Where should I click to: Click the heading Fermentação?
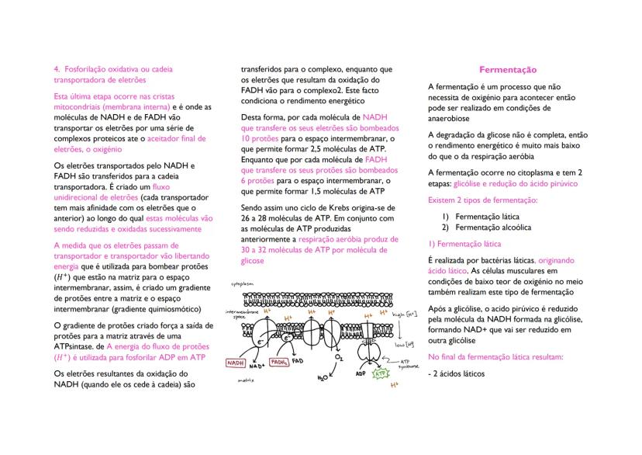pyautogui.click(x=508, y=70)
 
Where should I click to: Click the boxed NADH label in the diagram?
pyautogui.click(x=236, y=363)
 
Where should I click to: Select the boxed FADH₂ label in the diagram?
pyautogui.click(x=279, y=362)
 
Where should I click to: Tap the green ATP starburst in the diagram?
pyautogui.click(x=381, y=373)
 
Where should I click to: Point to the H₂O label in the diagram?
pyautogui.click(x=323, y=378)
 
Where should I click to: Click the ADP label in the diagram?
pyautogui.click(x=361, y=373)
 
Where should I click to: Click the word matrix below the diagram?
pyautogui.click(x=247, y=381)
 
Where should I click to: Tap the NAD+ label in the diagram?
pyautogui.click(x=257, y=365)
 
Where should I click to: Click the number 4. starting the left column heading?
pyautogui.click(x=56, y=69)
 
